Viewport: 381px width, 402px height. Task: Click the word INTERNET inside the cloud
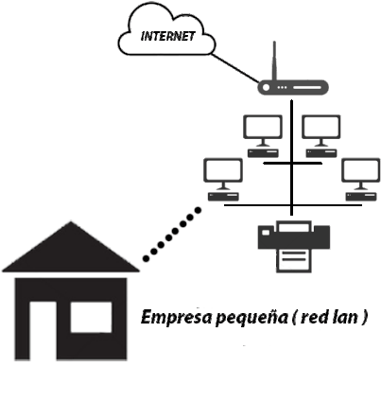[x=167, y=36]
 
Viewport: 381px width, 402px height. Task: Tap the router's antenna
[x=274, y=61]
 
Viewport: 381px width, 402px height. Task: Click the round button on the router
[x=267, y=87]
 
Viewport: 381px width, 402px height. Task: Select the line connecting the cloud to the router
[x=234, y=68]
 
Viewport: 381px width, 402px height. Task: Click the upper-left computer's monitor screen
[x=263, y=126]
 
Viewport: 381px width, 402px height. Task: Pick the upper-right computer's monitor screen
[x=320, y=126]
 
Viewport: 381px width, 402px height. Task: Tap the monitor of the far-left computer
[x=223, y=170]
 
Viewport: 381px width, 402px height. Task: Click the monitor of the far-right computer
[x=361, y=170]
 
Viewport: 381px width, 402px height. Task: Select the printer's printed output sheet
[x=294, y=260]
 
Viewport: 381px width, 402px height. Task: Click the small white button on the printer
[x=266, y=233]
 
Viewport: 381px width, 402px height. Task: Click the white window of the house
[x=91, y=317]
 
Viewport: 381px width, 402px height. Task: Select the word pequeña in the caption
[x=252, y=319]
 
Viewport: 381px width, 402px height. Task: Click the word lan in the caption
[x=345, y=317]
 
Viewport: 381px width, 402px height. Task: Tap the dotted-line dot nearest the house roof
[x=146, y=258]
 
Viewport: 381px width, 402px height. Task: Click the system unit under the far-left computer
[x=223, y=197]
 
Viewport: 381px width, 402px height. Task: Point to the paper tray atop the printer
[x=294, y=226]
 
